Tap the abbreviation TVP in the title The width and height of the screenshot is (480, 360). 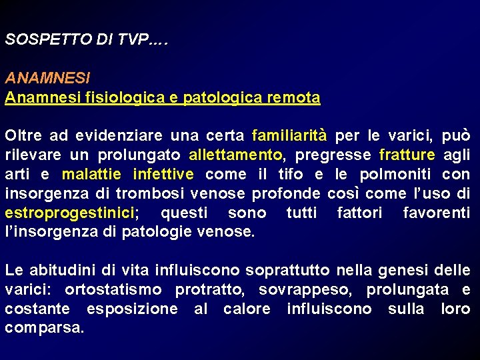click(134, 39)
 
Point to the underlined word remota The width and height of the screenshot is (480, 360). click(293, 97)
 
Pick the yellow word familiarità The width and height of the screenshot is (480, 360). click(289, 136)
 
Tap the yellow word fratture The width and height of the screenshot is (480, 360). click(407, 155)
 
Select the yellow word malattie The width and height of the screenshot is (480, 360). click(91, 175)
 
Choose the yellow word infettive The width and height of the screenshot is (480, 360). click(163, 175)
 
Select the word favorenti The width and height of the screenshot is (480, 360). click(437, 213)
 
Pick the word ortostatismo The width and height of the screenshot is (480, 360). click(113, 290)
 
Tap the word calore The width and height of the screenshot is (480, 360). click(247, 309)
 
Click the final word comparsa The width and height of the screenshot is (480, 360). click(44, 329)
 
